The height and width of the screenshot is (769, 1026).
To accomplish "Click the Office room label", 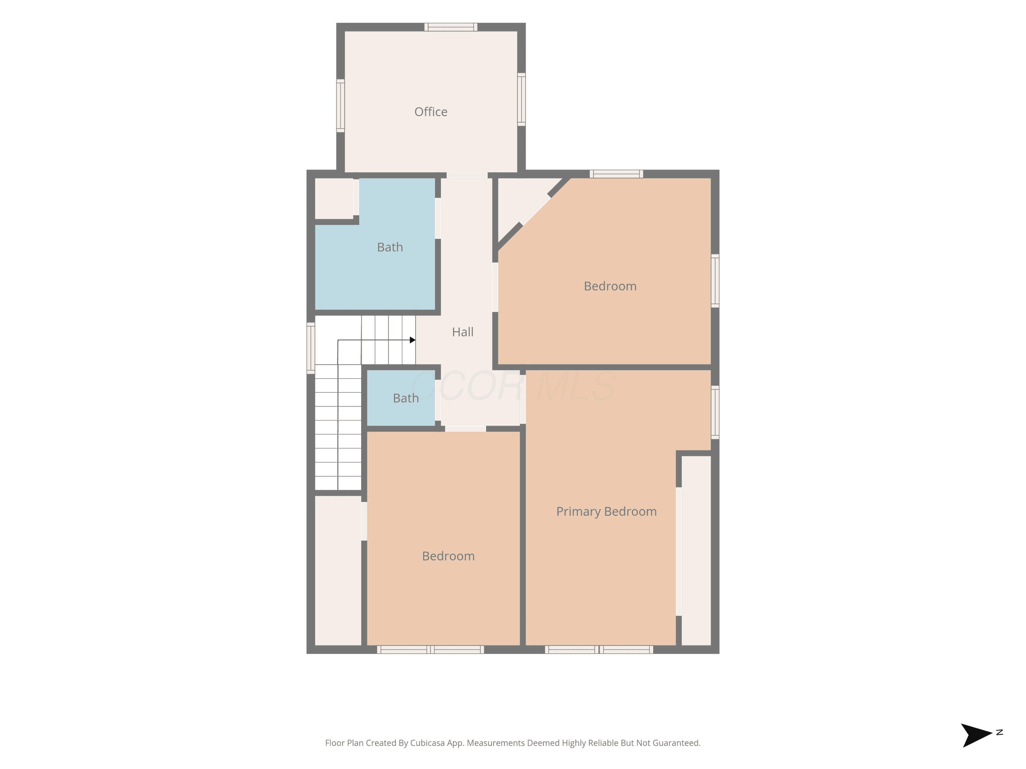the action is pos(431,112).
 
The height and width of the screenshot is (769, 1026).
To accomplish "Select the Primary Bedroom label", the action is pos(606,511).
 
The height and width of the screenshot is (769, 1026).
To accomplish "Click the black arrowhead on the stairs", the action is pos(412,340).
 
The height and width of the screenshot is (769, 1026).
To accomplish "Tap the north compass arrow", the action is pos(976,735).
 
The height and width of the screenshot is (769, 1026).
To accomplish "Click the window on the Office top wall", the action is pos(450,27).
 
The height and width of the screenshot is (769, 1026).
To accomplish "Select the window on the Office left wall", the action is pos(340,106).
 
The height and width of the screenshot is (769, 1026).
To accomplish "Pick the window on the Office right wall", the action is pos(521,99).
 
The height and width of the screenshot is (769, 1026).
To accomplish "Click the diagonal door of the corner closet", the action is pos(535,210).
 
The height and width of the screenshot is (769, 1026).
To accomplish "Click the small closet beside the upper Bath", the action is pos(334,198).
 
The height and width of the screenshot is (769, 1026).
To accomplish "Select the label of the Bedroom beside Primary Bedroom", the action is pos(610,286).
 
